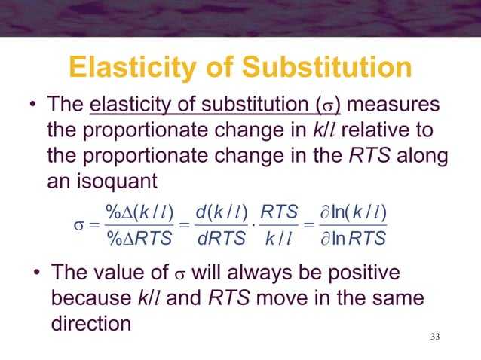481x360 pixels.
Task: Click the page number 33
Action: pyautogui.click(x=431, y=335)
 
